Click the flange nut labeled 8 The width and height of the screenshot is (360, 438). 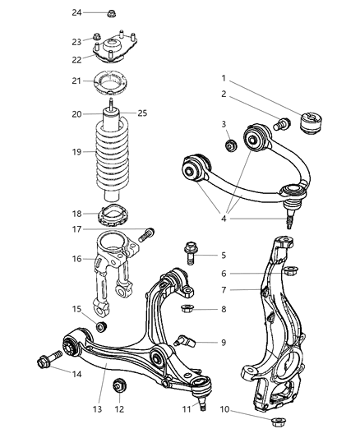coord(187,309)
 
